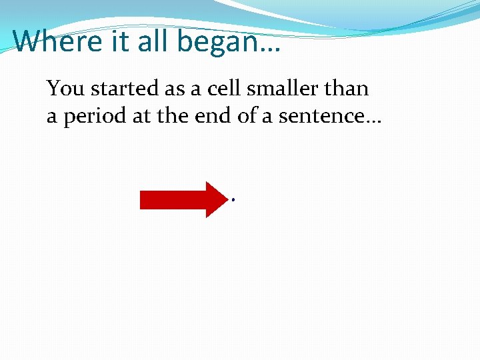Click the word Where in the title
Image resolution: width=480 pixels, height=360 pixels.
[55, 41]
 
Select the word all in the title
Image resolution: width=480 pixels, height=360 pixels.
[151, 41]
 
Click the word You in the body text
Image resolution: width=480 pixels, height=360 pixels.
[65, 89]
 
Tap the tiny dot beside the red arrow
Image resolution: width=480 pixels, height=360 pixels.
[233, 199]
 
